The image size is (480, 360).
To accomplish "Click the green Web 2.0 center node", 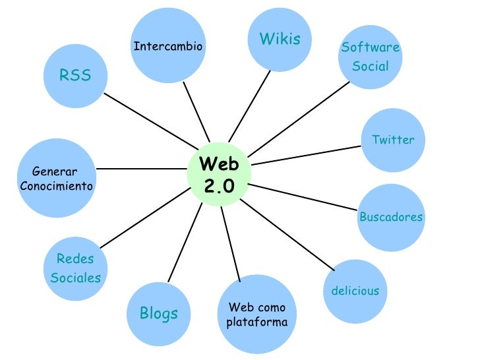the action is [218, 175].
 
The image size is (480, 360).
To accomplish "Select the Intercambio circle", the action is [167, 46].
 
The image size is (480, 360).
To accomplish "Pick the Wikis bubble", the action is [280, 39].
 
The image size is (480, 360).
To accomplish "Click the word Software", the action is [371, 47].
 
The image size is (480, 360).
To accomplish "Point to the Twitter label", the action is [393, 140].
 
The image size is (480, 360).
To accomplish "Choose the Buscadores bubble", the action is [391, 217].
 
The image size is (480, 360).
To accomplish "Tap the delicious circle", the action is [355, 291].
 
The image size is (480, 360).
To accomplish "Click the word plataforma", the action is [256, 323].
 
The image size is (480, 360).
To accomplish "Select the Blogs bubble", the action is [158, 314].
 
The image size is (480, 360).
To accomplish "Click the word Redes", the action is [75, 258].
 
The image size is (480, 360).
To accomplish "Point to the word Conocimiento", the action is [57, 186].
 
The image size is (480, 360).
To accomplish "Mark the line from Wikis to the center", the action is [253, 109].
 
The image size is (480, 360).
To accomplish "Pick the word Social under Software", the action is [371, 67].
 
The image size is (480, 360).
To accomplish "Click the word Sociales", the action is [76, 278].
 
